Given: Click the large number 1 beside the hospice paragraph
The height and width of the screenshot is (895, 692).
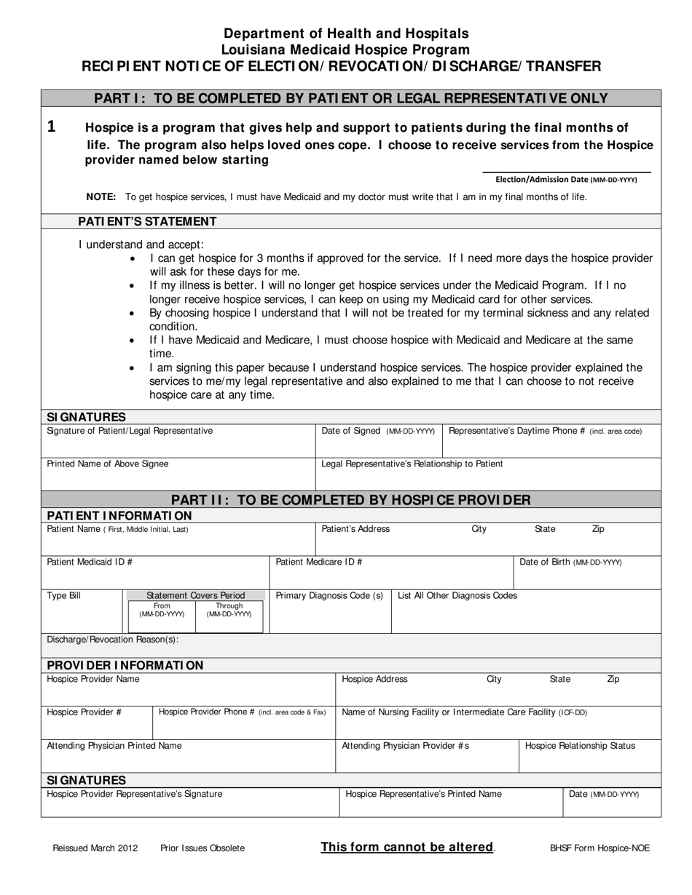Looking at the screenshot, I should coord(52,127).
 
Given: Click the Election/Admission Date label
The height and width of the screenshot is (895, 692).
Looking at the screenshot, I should coord(565,179).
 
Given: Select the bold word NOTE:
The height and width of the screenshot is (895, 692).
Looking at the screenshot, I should coord(101,196).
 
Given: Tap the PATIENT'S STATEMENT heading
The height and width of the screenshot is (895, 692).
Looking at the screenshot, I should coord(147,221).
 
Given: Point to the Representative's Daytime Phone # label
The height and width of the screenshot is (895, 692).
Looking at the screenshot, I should coord(545,431).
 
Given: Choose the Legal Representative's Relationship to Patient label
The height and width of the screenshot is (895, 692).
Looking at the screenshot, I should coord(412,464).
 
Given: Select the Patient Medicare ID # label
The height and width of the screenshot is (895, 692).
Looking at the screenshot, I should coord(319,562).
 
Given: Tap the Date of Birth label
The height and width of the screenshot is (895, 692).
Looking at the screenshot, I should coord(570,562).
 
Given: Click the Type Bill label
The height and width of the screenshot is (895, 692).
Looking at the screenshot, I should coord(64,595).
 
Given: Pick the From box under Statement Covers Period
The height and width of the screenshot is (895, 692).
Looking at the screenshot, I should coord(162,610).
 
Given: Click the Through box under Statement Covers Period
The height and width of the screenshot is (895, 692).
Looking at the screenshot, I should coord(229,610).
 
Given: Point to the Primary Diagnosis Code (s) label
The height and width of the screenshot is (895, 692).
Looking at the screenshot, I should coord(329,595).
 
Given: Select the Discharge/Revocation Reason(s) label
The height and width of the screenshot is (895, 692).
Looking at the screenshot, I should coord(112,639).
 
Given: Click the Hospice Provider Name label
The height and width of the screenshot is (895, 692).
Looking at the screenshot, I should coord(93,679).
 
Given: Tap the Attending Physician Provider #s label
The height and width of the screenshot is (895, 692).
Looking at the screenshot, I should coord(405,745).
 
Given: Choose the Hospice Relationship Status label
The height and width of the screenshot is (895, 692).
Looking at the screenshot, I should coord(580,745).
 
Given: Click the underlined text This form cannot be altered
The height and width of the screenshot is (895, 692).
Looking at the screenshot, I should coord(407,847).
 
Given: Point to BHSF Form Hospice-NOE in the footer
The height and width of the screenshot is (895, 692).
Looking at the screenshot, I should coord(599,848).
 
